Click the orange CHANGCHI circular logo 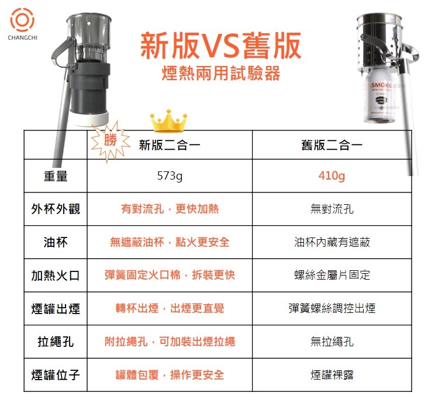click(22, 20)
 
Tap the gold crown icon click(168, 120)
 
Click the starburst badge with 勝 click(110, 141)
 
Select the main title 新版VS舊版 click(221, 46)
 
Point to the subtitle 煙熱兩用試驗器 click(221, 73)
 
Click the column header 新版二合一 click(170, 145)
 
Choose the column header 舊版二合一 click(331, 145)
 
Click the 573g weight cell click(170, 176)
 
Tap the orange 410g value click(331, 176)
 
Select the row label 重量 click(56, 176)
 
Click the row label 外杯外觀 click(56, 209)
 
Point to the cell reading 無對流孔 click(331, 209)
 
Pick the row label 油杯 click(56, 242)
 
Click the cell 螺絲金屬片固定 click(331, 276)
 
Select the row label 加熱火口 click(56, 276)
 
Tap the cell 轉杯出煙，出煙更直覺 click(170, 308)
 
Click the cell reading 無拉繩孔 click(331, 342)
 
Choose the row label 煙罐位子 click(56, 375)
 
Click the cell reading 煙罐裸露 click(331, 375)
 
